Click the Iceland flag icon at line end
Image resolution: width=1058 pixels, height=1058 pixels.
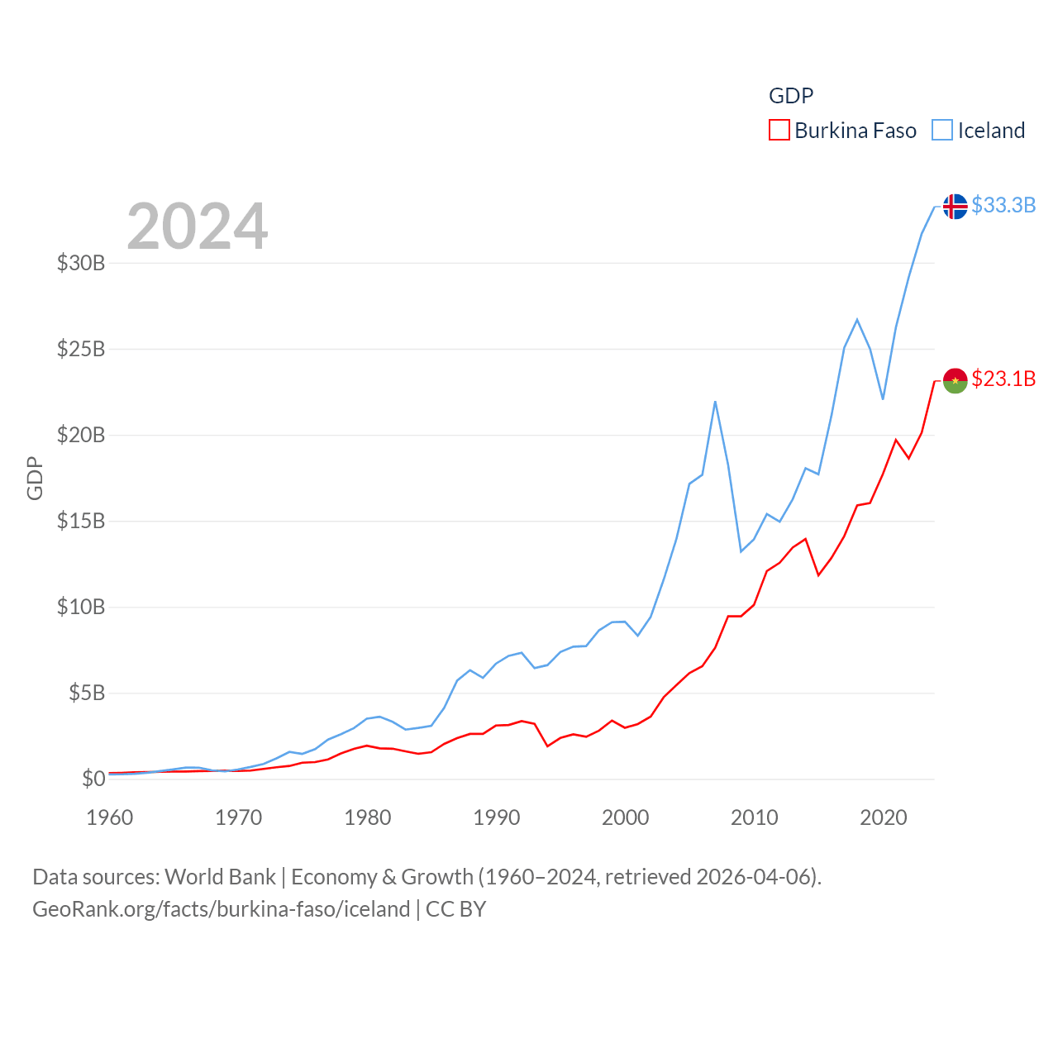[x=955, y=206]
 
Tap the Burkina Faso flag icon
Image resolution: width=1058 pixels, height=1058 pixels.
[x=955, y=380]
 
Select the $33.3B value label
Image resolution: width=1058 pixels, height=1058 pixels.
[x=1003, y=205]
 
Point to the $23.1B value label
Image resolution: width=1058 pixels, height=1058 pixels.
[x=1003, y=379]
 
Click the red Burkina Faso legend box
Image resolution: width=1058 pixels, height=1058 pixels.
[x=779, y=131]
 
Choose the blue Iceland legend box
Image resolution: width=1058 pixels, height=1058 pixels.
[x=941, y=131]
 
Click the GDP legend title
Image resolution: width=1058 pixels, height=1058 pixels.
[x=791, y=96]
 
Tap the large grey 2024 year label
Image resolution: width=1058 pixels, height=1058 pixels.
[x=197, y=226]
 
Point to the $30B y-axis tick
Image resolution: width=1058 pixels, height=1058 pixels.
[x=81, y=263]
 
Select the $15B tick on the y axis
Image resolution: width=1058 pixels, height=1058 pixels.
[x=81, y=521]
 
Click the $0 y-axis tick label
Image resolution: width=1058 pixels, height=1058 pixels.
[x=93, y=779]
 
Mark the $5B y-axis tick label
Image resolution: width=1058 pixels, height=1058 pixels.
[x=87, y=693]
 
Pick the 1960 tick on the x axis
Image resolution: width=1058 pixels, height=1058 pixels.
[x=110, y=817]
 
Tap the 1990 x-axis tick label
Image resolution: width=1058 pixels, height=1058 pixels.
[x=497, y=817]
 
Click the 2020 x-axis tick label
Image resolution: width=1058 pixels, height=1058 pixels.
[x=884, y=817]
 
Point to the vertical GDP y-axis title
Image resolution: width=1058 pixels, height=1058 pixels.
[x=35, y=478]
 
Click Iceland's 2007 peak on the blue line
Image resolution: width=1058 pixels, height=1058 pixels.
[x=715, y=402]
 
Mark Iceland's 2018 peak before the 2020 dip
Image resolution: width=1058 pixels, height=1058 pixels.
[x=857, y=319]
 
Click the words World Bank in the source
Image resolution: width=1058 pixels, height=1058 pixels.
[x=220, y=876]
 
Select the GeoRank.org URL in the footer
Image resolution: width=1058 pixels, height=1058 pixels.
[x=221, y=909]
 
